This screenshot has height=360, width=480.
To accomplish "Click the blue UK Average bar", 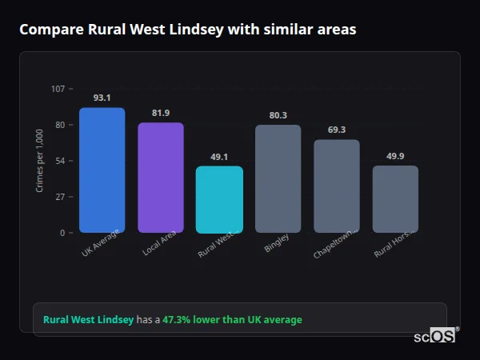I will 102,170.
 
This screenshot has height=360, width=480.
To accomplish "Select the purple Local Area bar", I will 161,178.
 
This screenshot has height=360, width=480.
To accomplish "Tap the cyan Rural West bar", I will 219,199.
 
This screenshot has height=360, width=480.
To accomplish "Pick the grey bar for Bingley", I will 278,178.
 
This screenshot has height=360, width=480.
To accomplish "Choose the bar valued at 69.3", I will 337,186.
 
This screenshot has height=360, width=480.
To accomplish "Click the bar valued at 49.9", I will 395,199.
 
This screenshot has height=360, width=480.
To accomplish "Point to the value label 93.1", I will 102,98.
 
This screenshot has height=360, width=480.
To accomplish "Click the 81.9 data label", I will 161,113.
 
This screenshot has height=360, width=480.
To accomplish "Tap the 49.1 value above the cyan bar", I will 219,157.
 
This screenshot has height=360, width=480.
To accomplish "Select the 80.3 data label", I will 278,115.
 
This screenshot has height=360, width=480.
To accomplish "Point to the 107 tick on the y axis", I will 58,88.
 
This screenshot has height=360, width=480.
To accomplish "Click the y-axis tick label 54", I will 60,161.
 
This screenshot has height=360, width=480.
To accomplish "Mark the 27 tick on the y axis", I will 60,197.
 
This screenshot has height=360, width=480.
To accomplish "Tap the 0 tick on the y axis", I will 62,233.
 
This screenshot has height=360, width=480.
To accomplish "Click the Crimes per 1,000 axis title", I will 39,161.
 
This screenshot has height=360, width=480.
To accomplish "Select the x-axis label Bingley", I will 277,243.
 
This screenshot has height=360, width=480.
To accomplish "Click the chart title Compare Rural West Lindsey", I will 188,30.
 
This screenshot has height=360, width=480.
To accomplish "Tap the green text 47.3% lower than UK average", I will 232,320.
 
